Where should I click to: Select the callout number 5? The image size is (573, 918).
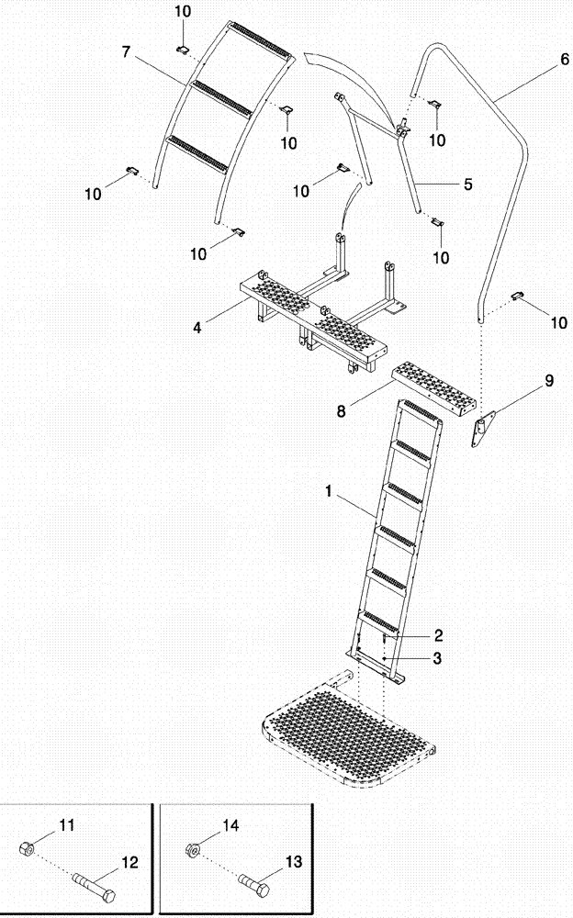(467, 185)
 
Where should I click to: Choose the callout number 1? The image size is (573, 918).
(329, 492)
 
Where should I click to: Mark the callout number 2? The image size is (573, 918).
(439, 635)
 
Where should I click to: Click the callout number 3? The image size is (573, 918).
(439, 657)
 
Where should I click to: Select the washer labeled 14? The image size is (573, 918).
(193, 850)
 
